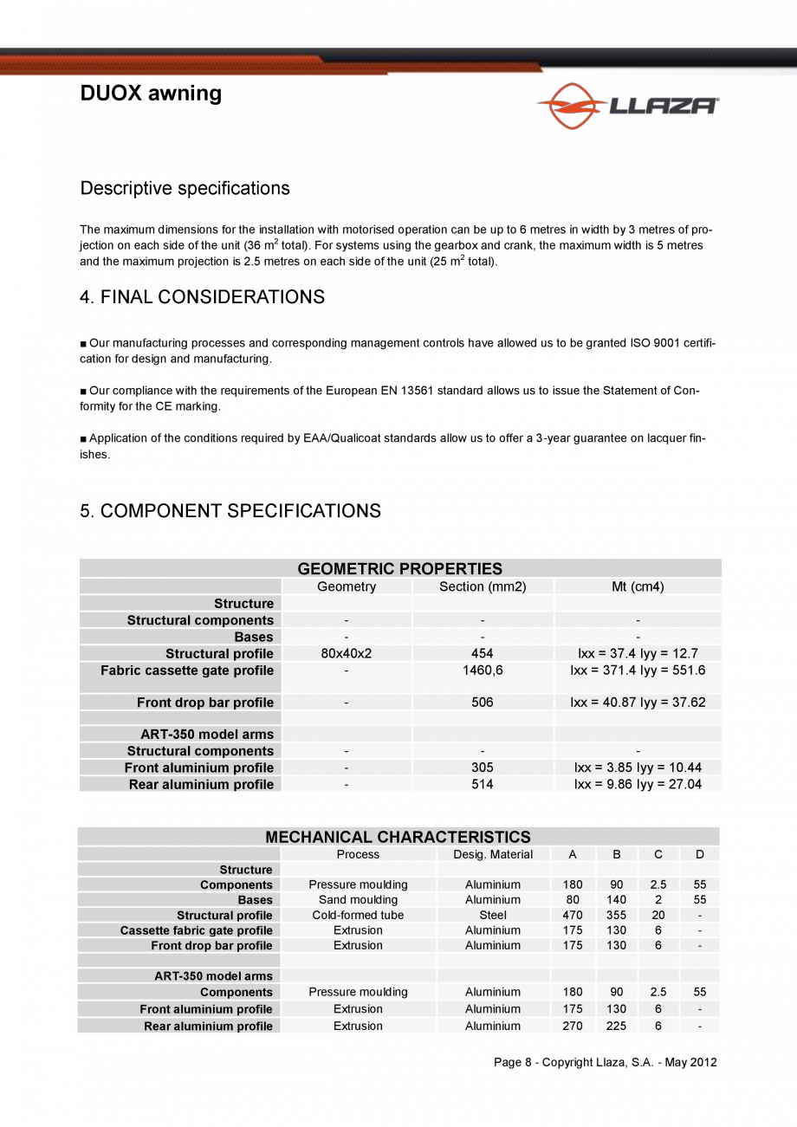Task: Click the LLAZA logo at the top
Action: tap(627, 106)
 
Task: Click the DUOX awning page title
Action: tap(151, 94)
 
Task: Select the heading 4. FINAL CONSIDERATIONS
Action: tap(202, 297)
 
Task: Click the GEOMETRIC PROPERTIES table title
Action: tap(399, 569)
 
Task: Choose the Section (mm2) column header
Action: tap(483, 586)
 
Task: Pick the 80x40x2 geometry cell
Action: tap(347, 653)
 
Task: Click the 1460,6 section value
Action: tap(483, 670)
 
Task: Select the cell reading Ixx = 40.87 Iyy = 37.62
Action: tap(638, 703)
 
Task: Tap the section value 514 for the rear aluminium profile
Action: tap(483, 784)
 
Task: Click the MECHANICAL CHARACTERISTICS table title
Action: tap(398, 837)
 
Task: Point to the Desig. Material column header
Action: tap(493, 854)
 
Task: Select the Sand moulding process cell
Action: tap(358, 900)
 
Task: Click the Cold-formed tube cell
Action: tap(358, 915)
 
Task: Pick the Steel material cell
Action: tap(493, 915)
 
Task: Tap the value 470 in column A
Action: tap(573, 915)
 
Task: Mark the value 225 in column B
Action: tap(616, 1026)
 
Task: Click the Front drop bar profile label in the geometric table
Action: tap(204, 703)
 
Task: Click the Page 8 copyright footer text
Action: tap(605, 1062)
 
